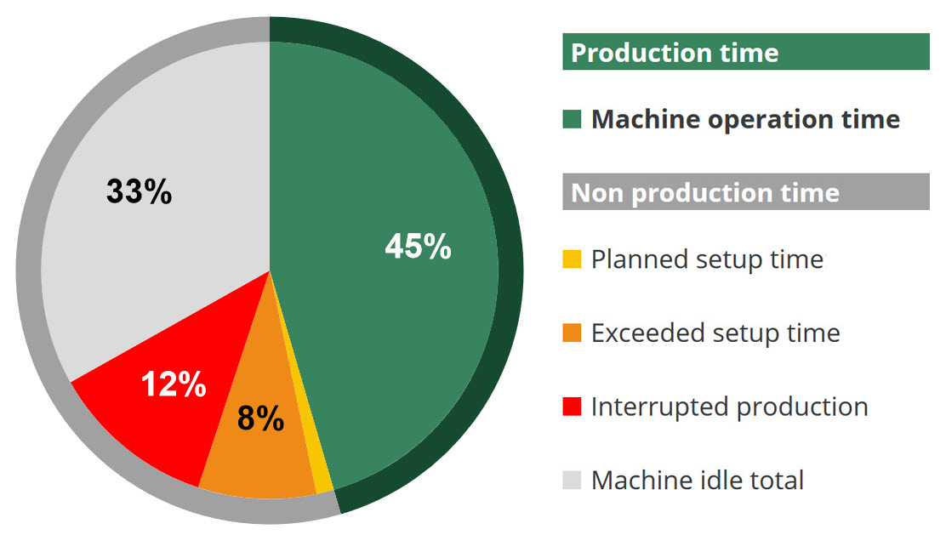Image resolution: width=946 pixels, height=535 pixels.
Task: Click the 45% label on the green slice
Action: click(418, 246)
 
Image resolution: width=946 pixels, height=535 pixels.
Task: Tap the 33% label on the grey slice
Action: click(140, 191)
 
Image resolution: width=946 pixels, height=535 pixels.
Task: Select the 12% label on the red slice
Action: click(174, 384)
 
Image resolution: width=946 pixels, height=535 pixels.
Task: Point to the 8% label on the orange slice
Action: click(260, 418)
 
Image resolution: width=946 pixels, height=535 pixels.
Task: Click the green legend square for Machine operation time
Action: click(572, 119)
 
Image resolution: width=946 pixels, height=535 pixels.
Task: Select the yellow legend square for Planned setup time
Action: click(572, 259)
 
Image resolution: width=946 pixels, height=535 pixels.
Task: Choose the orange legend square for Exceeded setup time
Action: click(572, 333)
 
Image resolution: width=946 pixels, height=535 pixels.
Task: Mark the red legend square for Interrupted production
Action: click(572, 407)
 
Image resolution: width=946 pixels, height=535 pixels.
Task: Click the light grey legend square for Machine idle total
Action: click(572, 480)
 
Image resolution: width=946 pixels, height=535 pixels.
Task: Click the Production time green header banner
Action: click(746, 52)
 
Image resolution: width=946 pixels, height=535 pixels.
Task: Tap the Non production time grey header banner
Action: click(746, 192)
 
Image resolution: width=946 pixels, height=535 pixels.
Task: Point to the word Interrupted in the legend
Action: click(660, 407)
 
